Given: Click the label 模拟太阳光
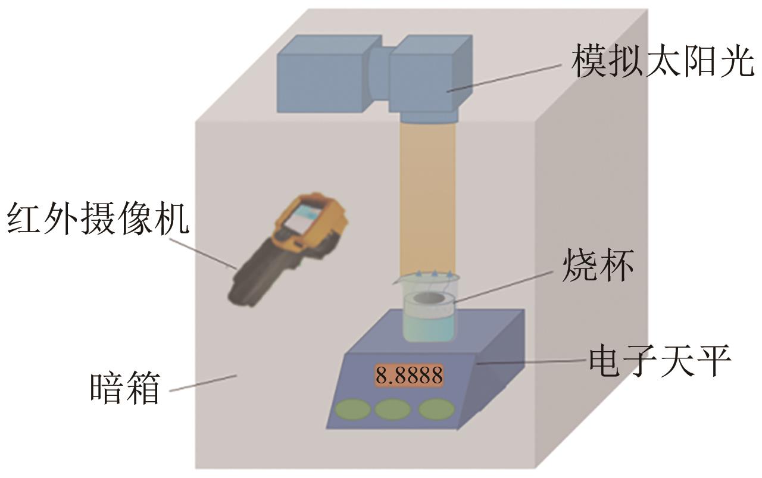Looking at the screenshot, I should [662, 63].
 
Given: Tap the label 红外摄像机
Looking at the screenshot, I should [98, 218].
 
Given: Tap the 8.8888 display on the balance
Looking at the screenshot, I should [409, 376].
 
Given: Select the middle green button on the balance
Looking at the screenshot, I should [393, 410].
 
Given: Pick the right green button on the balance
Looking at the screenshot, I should [436, 410].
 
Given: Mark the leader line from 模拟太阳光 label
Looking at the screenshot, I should [506, 77].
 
